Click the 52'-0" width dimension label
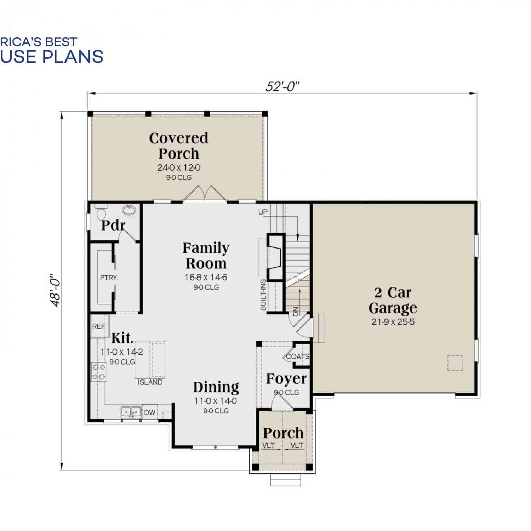click(282, 86)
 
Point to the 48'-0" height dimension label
click(56, 290)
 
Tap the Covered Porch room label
click(179, 145)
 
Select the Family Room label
click(206, 256)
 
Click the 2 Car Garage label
click(393, 300)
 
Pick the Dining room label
click(216, 387)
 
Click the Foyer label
click(286, 379)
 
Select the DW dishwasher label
click(150, 412)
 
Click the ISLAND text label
click(150, 382)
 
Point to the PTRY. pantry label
click(109, 278)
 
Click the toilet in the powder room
click(101, 211)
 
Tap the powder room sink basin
click(129, 210)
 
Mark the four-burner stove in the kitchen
click(99, 372)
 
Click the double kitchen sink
click(131, 412)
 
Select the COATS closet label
click(298, 356)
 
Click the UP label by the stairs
click(263, 212)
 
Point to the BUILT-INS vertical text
click(263, 295)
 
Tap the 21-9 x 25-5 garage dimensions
click(393, 322)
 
